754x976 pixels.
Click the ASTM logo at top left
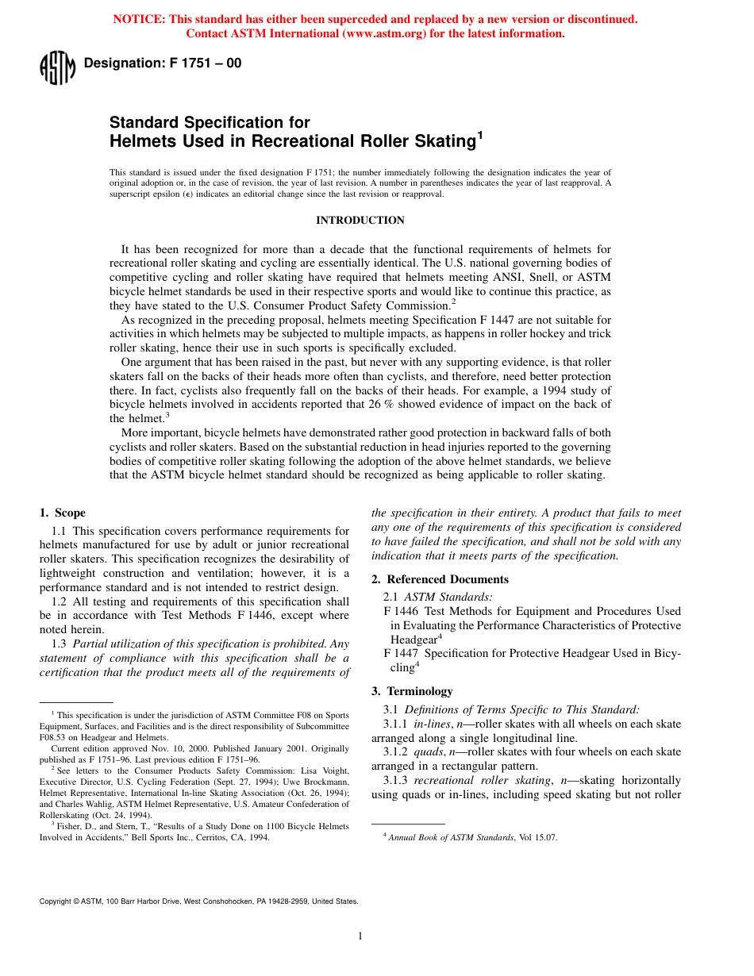[56, 67]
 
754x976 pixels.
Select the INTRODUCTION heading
[360, 220]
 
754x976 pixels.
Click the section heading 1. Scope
[63, 513]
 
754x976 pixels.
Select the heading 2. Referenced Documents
[440, 579]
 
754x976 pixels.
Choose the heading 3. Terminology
[412, 691]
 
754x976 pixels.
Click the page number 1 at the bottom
[360, 936]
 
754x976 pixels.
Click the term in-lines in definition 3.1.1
[432, 724]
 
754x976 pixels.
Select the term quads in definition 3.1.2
[429, 751]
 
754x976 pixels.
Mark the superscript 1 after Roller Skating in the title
[479, 136]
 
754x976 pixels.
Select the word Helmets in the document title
[137, 141]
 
